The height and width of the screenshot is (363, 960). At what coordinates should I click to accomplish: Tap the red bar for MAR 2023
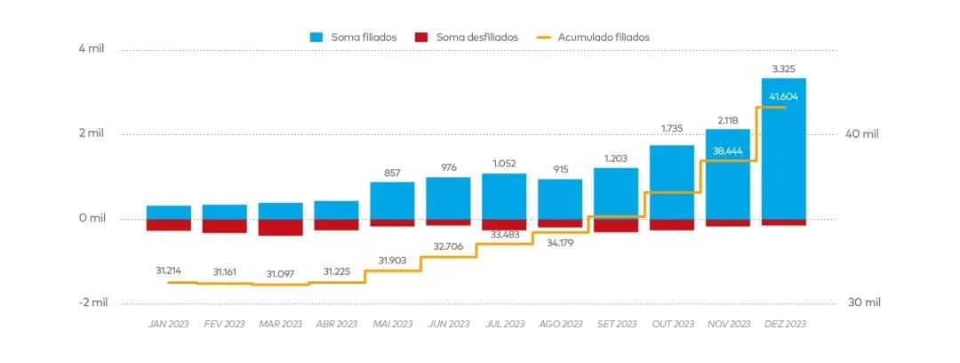click(280, 228)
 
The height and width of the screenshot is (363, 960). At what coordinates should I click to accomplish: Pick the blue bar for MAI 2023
click(392, 201)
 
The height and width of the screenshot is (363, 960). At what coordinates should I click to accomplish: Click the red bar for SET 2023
click(616, 226)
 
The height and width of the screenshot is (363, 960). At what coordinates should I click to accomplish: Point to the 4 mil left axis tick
click(92, 49)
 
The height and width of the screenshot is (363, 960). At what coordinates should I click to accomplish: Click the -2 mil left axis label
click(92, 302)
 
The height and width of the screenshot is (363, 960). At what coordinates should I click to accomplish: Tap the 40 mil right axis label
click(862, 134)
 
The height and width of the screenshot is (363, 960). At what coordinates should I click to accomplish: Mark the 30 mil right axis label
click(862, 302)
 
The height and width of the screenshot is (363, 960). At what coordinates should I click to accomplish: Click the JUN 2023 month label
click(448, 325)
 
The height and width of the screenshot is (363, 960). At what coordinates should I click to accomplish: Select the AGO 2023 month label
click(560, 325)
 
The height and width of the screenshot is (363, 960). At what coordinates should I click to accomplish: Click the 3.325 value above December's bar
click(783, 69)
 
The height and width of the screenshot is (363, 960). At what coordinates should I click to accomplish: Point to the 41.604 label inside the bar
click(783, 96)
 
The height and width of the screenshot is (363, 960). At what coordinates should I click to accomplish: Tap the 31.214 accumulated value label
click(168, 270)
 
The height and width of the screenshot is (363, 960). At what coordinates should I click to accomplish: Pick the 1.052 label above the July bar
click(504, 163)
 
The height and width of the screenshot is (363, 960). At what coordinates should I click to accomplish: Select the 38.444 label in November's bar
click(728, 151)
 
